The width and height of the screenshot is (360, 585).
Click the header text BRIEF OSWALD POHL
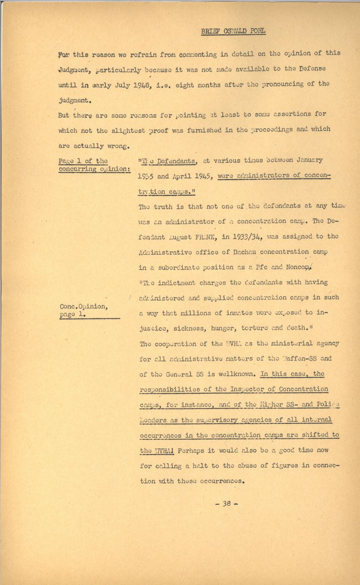coord(233,31)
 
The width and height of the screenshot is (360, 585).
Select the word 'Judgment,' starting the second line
coord(73,69)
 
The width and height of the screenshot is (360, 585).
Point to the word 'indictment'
coord(179,282)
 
